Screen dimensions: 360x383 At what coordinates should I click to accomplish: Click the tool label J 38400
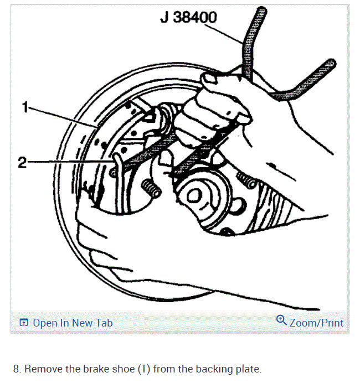pos(188,17)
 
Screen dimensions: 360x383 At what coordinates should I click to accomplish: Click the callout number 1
pos(25,107)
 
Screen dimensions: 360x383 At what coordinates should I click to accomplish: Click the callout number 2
pos(22,162)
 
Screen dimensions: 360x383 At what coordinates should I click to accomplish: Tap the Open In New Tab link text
pos(73,323)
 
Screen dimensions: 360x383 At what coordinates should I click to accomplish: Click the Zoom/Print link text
pos(316,323)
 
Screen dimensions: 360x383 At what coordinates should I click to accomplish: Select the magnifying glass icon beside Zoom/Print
pos(281,320)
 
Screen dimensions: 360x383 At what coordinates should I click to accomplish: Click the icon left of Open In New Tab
pos(24,323)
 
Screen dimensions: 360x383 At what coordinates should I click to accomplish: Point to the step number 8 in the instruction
pos(17,369)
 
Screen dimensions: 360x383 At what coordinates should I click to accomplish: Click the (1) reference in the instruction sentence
pos(144,369)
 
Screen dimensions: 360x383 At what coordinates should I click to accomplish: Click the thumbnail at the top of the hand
pos(209,79)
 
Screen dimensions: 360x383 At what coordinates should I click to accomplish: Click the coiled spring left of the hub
pos(151,188)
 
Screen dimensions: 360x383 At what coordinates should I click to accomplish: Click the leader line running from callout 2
pos(70,161)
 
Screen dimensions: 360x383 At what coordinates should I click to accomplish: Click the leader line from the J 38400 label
pos(224,33)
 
